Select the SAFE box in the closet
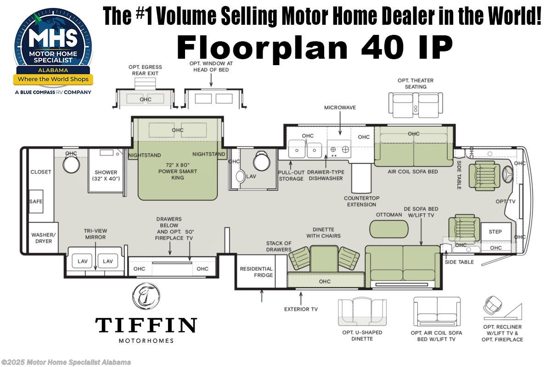(x=36, y=201)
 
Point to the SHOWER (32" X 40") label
(x=106, y=175)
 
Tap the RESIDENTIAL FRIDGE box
(x=256, y=272)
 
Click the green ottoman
(x=388, y=229)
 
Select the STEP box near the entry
(x=495, y=232)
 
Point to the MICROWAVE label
(x=340, y=108)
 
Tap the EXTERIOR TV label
(x=301, y=309)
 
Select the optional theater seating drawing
(x=416, y=103)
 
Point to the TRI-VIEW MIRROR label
(x=95, y=234)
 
